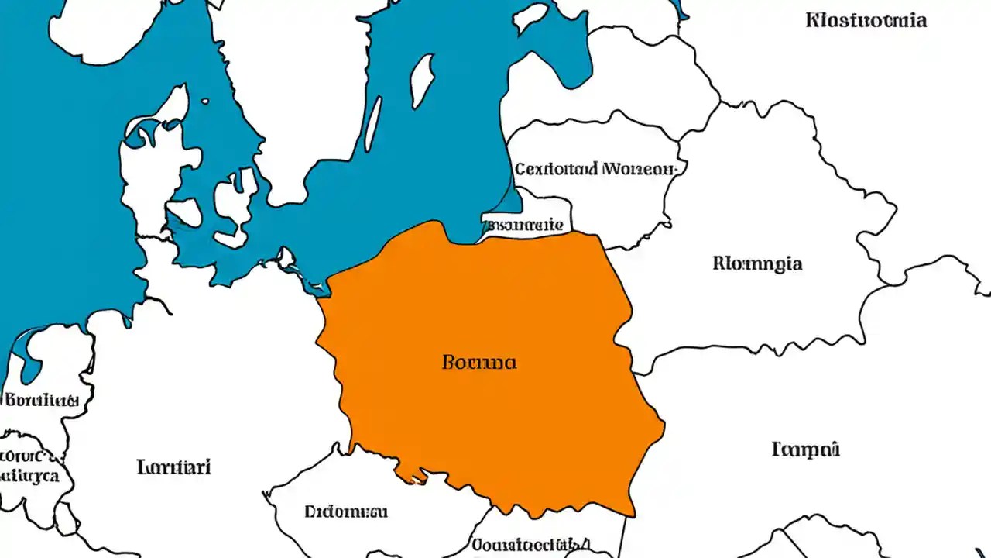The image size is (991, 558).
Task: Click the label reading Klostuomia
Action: coord(866,20)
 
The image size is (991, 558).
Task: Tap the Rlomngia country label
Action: coord(757,263)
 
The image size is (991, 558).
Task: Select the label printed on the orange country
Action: coord(479,362)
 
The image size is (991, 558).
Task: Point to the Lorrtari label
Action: coord(174,467)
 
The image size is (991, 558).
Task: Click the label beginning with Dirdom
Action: coord(346,511)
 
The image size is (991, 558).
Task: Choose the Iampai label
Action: coord(806,449)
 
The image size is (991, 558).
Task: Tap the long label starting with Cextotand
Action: coord(595,168)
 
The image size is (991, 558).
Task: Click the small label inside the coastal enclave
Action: coord(524,225)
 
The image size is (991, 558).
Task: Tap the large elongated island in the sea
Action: coord(422,81)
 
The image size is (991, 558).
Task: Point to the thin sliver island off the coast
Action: coord(373,124)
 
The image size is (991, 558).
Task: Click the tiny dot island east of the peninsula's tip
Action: coord(206,101)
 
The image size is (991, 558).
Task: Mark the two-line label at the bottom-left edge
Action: coord(27,465)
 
